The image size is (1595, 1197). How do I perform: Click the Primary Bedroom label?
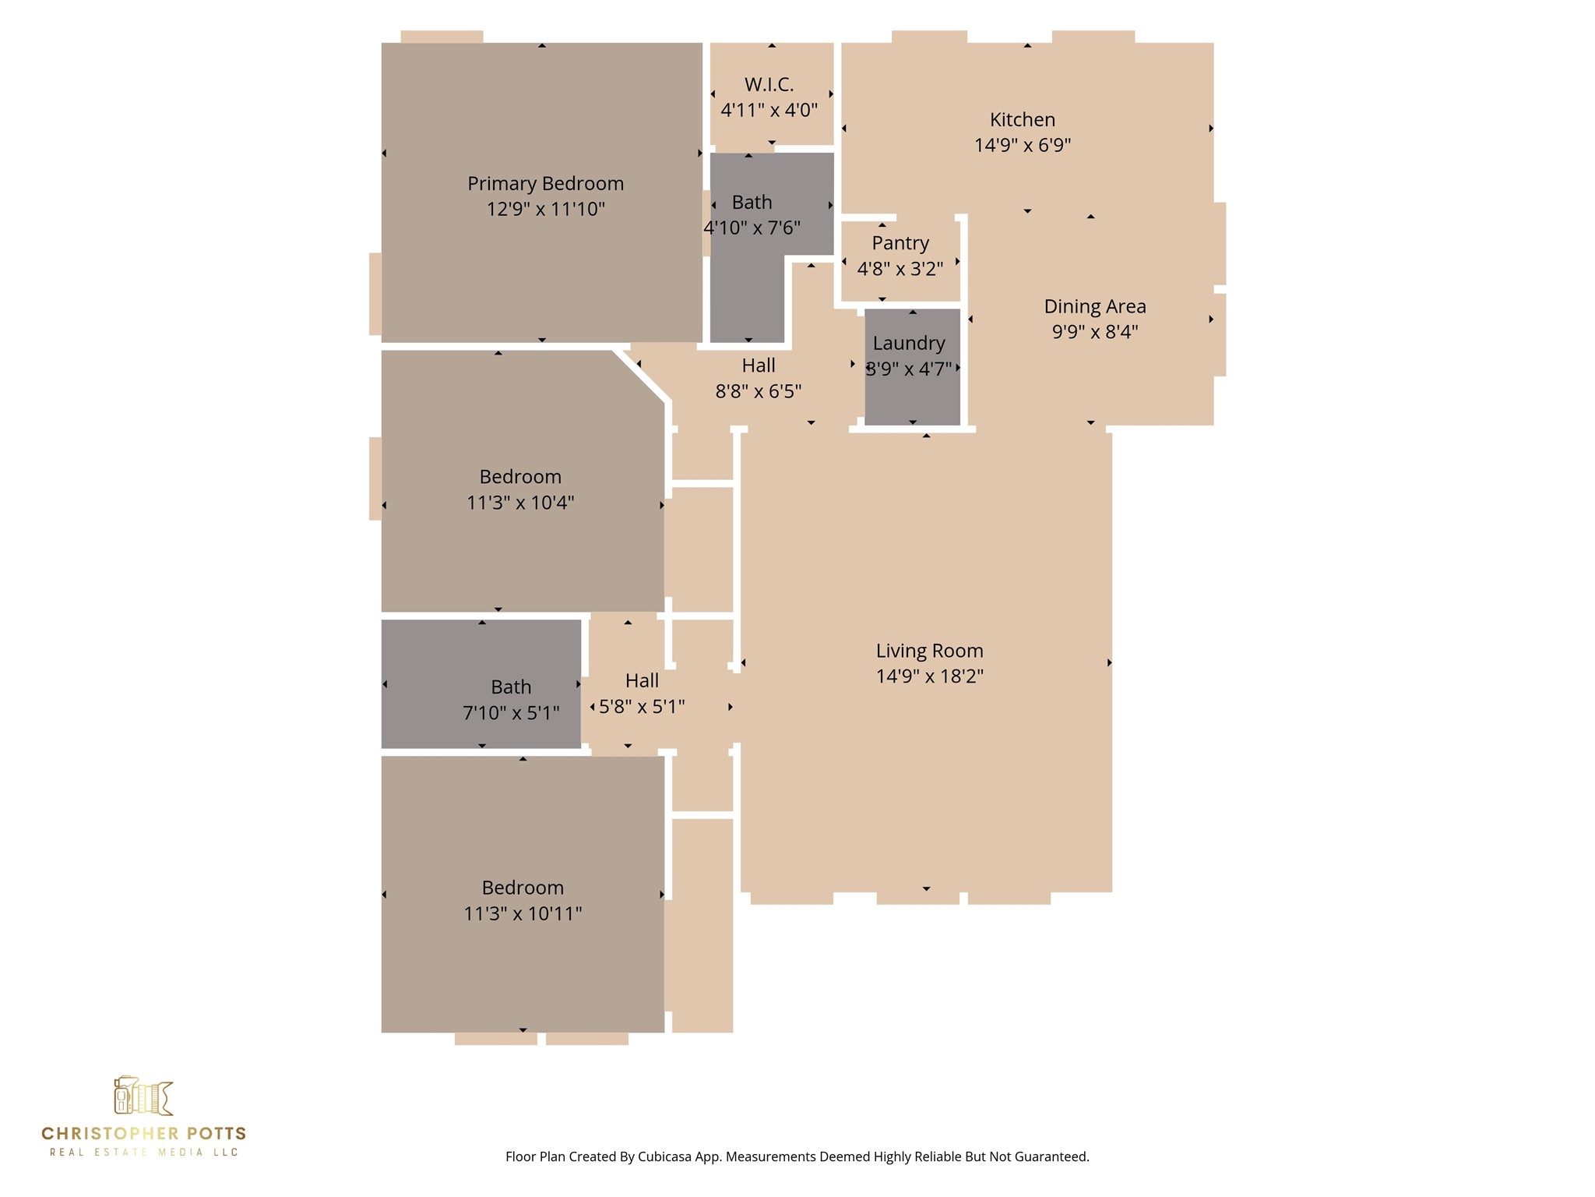[545, 184]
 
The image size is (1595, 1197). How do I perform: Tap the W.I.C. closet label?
[769, 84]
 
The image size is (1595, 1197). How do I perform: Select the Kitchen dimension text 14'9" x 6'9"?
[1023, 145]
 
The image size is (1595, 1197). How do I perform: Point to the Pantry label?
[900, 243]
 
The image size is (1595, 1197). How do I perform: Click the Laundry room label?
[909, 343]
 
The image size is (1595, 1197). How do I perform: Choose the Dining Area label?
[1095, 306]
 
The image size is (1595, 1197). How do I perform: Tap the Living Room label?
[929, 651]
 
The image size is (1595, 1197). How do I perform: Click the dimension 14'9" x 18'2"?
[929, 676]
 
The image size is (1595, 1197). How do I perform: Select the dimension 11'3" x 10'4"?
[520, 503]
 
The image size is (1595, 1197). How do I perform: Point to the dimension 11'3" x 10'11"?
[523, 913]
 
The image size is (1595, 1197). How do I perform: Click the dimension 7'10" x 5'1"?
[511, 713]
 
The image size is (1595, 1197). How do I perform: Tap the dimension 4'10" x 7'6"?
[752, 228]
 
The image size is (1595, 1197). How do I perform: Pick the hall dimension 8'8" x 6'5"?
[759, 391]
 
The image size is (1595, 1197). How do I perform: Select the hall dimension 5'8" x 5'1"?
[642, 707]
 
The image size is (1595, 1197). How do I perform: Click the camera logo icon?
[143, 1096]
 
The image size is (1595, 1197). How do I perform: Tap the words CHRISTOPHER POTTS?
[144, 1134]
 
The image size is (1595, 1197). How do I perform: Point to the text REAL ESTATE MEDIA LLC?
[144, 1153]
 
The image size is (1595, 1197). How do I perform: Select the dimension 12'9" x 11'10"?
[545, 209]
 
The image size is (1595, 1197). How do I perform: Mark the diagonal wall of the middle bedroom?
[640, 376]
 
